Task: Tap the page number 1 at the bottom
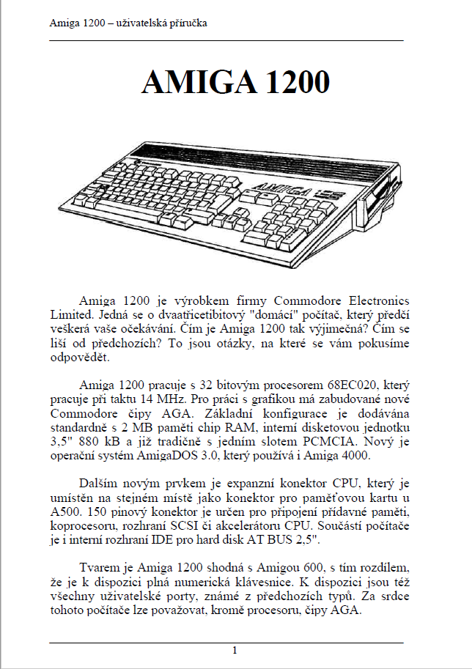click(x=235, y=650)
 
